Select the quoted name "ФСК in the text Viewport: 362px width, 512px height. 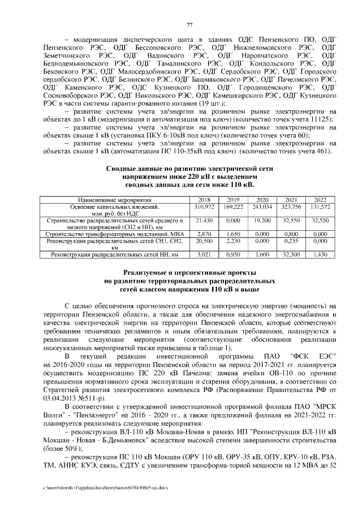coord(299,356)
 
